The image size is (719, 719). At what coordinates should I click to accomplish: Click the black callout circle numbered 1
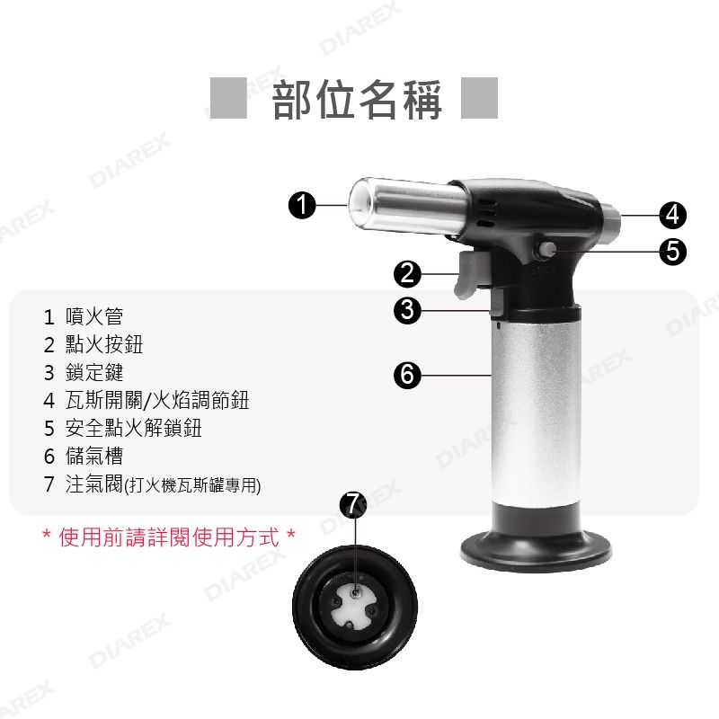[x=302, y=205]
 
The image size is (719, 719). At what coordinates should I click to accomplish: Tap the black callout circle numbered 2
[x=407, y=274]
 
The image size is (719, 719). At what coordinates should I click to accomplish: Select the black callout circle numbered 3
[x=407, y=310]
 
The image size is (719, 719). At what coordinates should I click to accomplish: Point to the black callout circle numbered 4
[x=672, y=215]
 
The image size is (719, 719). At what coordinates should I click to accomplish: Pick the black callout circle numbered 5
[x=672, y=252]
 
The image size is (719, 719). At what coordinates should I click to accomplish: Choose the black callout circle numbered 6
[x=407, y=375]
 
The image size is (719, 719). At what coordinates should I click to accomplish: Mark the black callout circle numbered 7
[x=352, y=505]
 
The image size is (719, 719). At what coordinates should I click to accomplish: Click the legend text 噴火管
[x=94, y=316]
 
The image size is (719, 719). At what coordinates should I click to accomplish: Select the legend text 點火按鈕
[x=104, y=344]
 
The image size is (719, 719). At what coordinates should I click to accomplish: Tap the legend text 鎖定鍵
[x=94, y=372]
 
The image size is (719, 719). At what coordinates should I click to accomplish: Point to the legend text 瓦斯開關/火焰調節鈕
[x=157, y=400]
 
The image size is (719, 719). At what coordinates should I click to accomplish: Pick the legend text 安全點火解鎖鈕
[x=133, y=429]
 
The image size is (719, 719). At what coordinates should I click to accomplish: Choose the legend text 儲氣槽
[x=94, y=457]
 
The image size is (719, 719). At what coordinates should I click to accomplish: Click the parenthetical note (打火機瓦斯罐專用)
[x=192, y=485]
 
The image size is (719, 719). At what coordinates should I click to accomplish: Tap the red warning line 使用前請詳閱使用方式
[x=169, y=537]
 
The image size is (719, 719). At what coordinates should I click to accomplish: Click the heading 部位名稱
[x=357, y=99]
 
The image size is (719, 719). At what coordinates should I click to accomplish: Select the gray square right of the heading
[x=479, y=98]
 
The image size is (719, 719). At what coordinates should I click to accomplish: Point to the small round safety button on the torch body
[x=547, y=250]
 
